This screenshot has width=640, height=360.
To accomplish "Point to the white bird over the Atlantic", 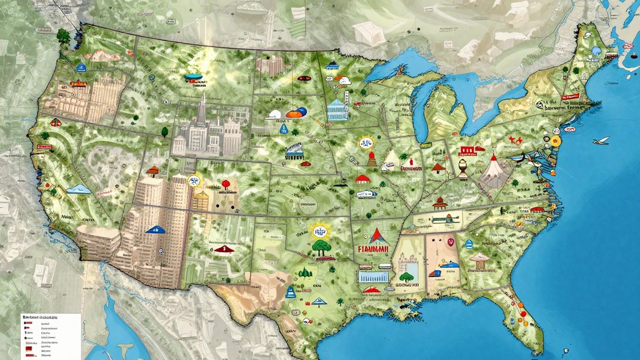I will [x=601, y=140].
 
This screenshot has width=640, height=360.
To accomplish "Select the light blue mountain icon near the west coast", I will [x=78, y=189].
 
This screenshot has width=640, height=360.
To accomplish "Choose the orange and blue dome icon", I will [x=295, y=112].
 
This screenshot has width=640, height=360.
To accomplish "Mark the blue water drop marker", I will [x=283, y=127].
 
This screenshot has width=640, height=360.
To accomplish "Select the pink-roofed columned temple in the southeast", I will [x=479, y=261].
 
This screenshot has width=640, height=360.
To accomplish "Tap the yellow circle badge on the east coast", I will [x=555, y=142].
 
